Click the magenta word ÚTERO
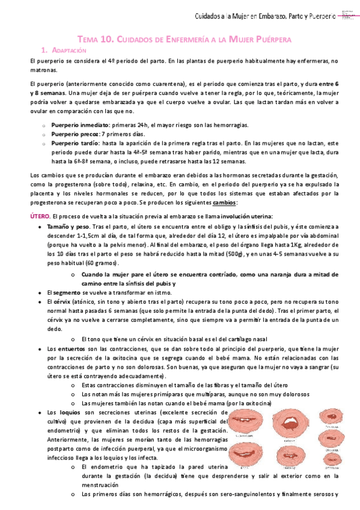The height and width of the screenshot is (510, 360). pos(40,216)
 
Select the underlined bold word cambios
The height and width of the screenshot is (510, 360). pos(225,203)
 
